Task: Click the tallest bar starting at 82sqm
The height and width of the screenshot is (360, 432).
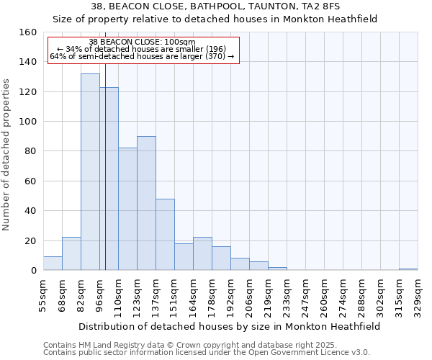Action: pyautogui.click(x=90, y=172)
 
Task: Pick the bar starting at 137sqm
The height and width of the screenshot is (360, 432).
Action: pyautogui.click(x=165, y=235)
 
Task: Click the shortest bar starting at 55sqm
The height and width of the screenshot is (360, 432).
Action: pyautogui.click(x=53, y=264)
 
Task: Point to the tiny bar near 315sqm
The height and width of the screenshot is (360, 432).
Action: pyautogui.click(x=408, y=269)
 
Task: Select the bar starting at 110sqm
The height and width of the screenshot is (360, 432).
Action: pyautogui.click(x=127, y=209)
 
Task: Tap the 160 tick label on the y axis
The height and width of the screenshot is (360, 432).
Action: pyautogui.click(x=28, y=32)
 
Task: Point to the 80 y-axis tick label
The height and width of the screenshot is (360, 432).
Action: pyautogui.click(x=31, y=151)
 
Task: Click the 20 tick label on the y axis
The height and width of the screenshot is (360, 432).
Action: pyautogui.click(x=31, y=240)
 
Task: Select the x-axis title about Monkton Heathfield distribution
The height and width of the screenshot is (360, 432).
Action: pyautogui.click(x=229, y=326)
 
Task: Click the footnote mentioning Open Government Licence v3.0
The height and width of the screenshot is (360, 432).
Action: pyautogui.click(x=207, y=353)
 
